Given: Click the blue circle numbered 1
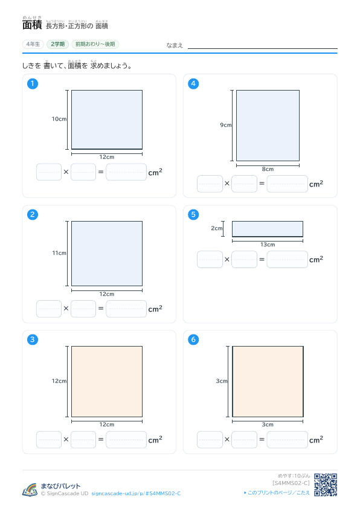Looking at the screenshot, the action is pyautogui.click(x=33, y=84).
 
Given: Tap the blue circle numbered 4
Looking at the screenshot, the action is pyautogui.click(x=193, y=84).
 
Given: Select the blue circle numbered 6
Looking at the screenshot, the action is pyautogui.click(x=193, y=339).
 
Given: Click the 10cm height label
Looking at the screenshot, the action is pyautogui.click(x=59, y=119).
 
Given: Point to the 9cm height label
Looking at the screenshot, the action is pyautogui.click(x=226, y=125).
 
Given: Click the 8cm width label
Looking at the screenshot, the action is pyautogui.click(x=268, y=169).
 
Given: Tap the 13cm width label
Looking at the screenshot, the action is pyautogui.click(x=268, y=245).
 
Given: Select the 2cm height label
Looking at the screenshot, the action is pyautogui.click(x=216, y=228).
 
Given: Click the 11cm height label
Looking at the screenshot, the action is pyautogui.click(x=59, y=253).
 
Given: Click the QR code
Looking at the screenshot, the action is pyautogui.click(x=326, y=485).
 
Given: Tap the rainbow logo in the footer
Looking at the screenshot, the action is pyautogui.click(x=30, y=490).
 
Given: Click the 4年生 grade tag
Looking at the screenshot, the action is pyautogui.click(x=33, y=44).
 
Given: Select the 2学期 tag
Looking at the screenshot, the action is pyautogui.click(x=58, y=44).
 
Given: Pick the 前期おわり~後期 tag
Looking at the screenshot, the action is pyautogui.click(x=95, y=44).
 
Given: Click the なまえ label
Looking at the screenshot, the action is pyautogui.click(x=175, y=45).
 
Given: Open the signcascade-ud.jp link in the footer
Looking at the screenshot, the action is pyautogui.click(x=136, y=493).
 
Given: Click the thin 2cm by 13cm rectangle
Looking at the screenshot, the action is pyautogui.click(x=268, y=229).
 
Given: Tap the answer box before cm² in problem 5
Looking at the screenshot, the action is pyautogui.click(x=288, y=260).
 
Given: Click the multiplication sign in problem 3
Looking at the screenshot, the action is pyautogui.click(x=66, y=439).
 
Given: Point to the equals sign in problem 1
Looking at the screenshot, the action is pyautogui.click(x=101, y=171).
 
